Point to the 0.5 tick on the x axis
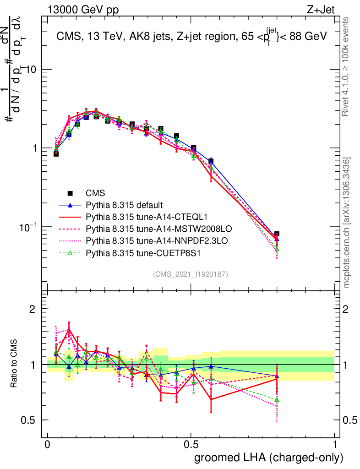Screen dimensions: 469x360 point(191,445)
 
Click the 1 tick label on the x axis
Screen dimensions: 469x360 point(335,445)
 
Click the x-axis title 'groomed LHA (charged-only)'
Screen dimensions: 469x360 point(269,457)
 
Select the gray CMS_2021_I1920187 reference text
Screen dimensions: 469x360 point(190,274)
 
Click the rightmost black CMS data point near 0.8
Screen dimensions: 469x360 point(277,234)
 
